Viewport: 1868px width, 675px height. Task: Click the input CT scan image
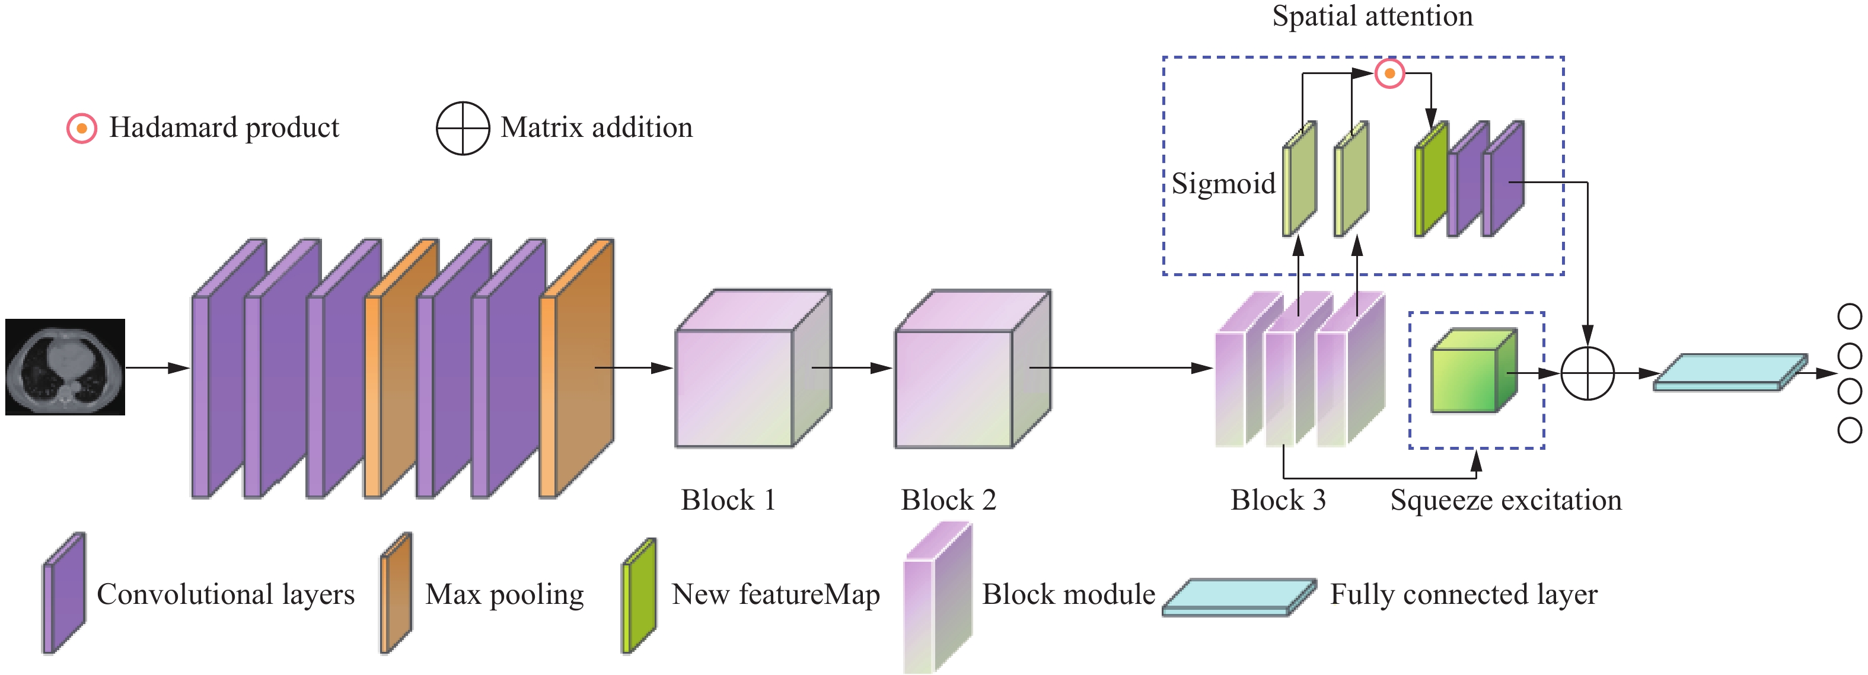65,367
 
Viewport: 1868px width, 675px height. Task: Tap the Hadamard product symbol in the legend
82,129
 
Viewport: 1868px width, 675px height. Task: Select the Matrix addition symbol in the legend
463,129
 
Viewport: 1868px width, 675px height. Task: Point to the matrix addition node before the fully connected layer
1587,374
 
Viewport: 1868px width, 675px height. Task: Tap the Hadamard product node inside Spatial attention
1389,73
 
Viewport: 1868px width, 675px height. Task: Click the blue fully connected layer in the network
1729,373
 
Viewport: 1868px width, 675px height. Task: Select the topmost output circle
1849,316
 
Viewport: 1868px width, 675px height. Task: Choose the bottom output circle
1849,430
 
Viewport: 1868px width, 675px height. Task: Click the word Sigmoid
1223,184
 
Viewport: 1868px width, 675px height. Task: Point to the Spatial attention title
1372,16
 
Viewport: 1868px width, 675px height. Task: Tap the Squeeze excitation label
1506,500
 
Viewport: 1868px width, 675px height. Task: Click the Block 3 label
1278,500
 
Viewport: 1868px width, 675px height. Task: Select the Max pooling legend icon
396,593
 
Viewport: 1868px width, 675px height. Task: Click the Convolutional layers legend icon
64,593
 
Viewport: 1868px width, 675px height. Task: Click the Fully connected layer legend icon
1239,597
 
